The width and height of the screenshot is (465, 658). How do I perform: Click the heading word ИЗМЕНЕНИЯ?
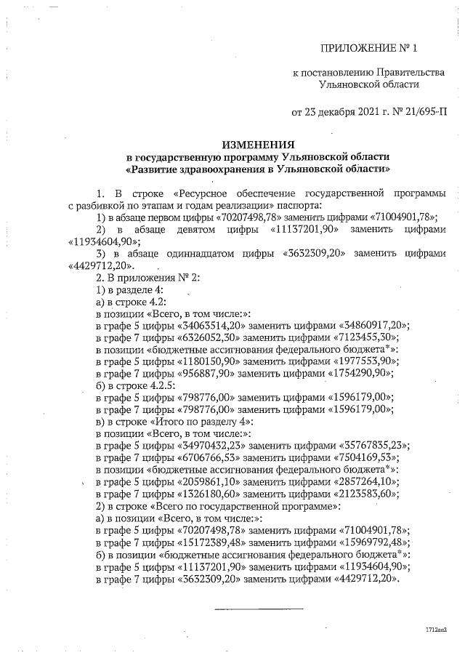(258, 144)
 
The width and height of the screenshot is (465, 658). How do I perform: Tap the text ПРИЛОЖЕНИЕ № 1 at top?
(371, 49)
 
